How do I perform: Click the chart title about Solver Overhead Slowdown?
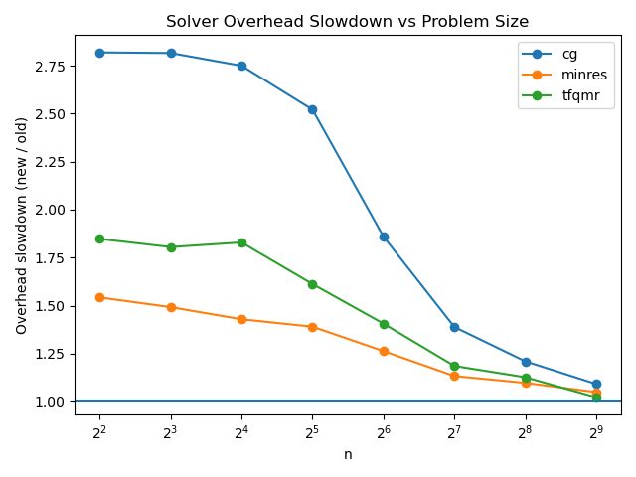[347, 21]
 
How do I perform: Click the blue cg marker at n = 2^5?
[312, 109]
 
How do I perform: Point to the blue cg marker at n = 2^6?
[384, 237]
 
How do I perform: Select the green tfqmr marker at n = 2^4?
[241, 242]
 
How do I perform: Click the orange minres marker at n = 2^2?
[99, 297]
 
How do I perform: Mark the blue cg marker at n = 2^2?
[99, 52]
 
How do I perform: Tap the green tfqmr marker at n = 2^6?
[384, 324]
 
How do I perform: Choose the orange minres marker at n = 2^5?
[312, 327]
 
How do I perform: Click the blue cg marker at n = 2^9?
[596, 384]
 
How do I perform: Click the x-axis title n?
[348, 454]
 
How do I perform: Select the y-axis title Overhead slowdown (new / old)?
[21, 225]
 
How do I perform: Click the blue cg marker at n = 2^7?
[454, 327]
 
